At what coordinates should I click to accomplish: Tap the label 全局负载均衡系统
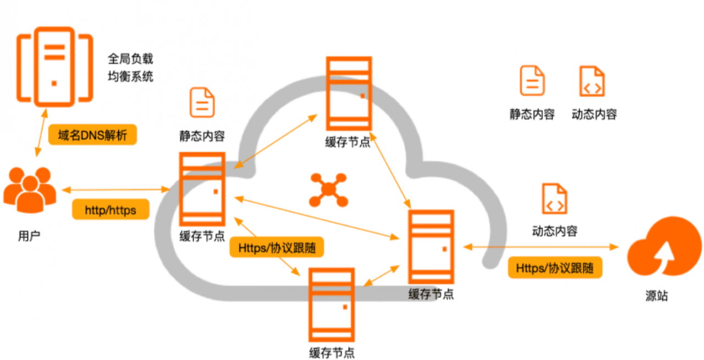coord(130,68)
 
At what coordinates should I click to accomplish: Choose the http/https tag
coord(111,210)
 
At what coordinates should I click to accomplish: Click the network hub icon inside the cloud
coord(328,190)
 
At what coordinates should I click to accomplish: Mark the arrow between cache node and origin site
coord(542,247)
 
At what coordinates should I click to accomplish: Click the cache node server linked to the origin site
coord(431,247)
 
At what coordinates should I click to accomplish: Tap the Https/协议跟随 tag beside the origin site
coord(554,268)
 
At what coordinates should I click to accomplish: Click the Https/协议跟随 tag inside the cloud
coord(277,248)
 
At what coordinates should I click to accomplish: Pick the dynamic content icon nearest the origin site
coord(554,199)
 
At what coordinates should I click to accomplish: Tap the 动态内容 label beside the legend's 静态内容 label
coord(594,114)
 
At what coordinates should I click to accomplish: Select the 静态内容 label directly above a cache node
coord(202,136)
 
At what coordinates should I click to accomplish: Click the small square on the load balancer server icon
coord(54,84)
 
